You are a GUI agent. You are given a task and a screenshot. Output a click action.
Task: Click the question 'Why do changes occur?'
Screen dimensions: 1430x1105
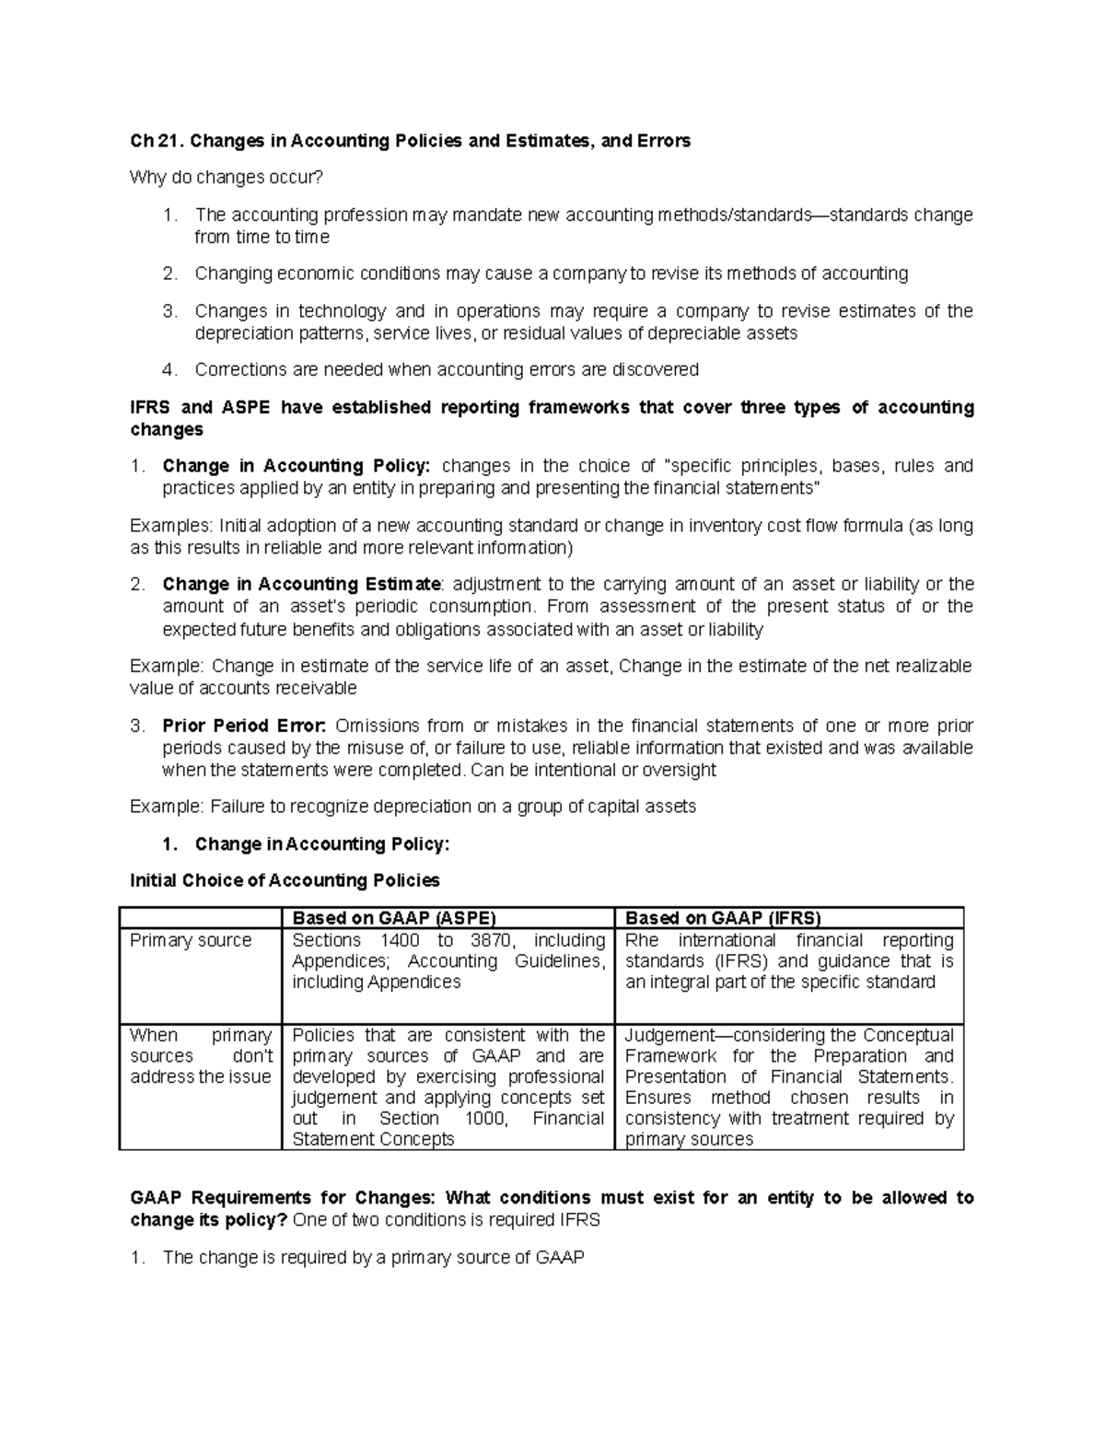(227, 177)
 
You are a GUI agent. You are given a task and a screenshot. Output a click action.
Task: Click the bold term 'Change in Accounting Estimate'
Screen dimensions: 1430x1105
(302, 585)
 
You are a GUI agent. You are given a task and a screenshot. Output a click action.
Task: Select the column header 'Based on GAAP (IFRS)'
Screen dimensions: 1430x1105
(722, 918)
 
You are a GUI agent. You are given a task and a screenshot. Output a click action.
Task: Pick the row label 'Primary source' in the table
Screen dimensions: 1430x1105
(191, 940)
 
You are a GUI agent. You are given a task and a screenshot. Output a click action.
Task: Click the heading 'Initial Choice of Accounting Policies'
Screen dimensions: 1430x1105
(285, 881)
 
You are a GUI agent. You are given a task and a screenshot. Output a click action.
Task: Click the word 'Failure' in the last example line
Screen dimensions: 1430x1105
(237, 807)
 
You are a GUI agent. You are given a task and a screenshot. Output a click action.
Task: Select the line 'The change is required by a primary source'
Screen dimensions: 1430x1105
(373, 1258)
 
